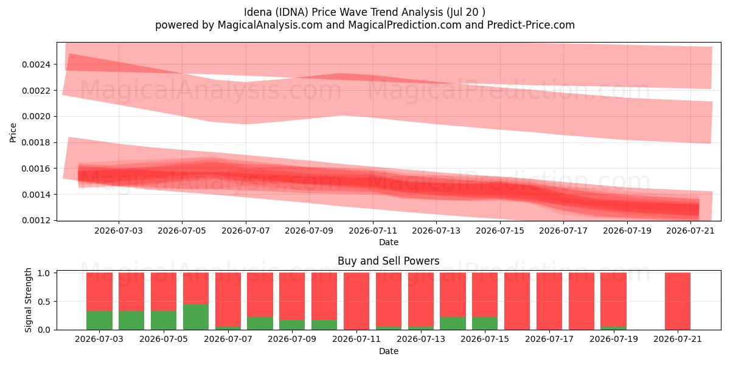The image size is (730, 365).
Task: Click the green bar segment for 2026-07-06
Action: [196, 317]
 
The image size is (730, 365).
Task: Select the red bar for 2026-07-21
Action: [678, 301]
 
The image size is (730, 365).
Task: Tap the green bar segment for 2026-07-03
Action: [99, 321]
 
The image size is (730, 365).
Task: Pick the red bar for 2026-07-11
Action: [356, 301]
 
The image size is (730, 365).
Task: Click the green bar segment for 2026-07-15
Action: [485, 323]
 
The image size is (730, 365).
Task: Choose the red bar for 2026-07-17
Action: [549, 301]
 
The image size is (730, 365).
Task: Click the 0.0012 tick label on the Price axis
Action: [36, 221]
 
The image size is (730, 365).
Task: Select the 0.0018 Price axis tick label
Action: [36, 143]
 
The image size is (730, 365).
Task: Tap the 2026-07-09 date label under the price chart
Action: [309, 231]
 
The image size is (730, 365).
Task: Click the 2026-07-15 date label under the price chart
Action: [500, 231]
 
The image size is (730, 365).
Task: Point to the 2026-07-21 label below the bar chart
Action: [678, 339]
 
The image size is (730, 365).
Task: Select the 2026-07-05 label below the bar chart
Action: [164, 339]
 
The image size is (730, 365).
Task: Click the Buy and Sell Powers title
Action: [389, 261]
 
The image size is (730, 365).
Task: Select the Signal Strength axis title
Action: [29, 300]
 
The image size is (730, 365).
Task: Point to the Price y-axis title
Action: [13, 133]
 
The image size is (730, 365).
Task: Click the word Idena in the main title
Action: [258, 12]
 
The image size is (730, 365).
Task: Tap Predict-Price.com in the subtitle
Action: [531, 25]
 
